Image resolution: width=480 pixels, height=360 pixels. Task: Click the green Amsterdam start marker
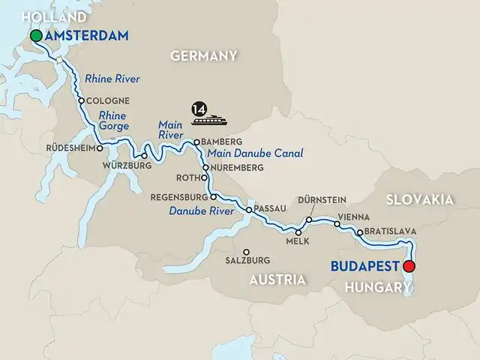pos(35,36)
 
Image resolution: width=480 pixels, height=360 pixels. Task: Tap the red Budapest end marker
pos(409,265)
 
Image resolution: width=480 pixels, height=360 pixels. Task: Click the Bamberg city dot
pos(196,142)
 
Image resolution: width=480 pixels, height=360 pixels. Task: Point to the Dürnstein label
pos(322,200)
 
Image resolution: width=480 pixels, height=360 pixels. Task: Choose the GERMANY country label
pos(204,56)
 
